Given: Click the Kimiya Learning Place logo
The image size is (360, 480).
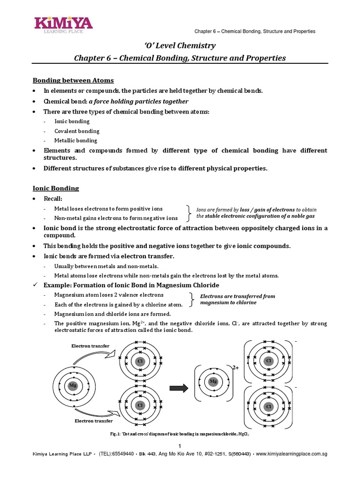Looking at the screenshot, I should [x=62, y=24].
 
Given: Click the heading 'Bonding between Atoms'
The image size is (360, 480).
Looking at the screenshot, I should [x=73, y=81].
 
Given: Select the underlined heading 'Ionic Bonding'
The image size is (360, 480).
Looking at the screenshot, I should [x=56, y=188].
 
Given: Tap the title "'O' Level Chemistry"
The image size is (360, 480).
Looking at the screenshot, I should [x=180, y=45].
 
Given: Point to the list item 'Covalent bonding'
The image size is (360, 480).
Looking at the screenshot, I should [x=77, y=131].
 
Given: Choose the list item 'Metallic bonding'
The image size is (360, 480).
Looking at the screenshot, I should [x=76, y=141].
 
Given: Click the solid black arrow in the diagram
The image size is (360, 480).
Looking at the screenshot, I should [x=179, y=387].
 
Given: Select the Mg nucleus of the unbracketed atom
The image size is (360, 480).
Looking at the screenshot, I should [x=73, y=385].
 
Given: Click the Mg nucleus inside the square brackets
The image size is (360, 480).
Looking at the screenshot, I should [x=213, y=382].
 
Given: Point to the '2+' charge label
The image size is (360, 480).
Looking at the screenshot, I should [x=235, y=368].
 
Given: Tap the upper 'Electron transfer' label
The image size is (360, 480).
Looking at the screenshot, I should [x=90, y=346].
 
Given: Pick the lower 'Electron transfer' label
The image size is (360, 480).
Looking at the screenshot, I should [x=94, y=421].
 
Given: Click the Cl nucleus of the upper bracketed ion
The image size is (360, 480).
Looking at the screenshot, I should [x=269, y=361].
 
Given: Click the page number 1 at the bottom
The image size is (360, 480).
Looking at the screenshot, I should [x=180, y=445].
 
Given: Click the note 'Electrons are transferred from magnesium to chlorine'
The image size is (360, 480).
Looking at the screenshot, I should [x=237, y=300].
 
